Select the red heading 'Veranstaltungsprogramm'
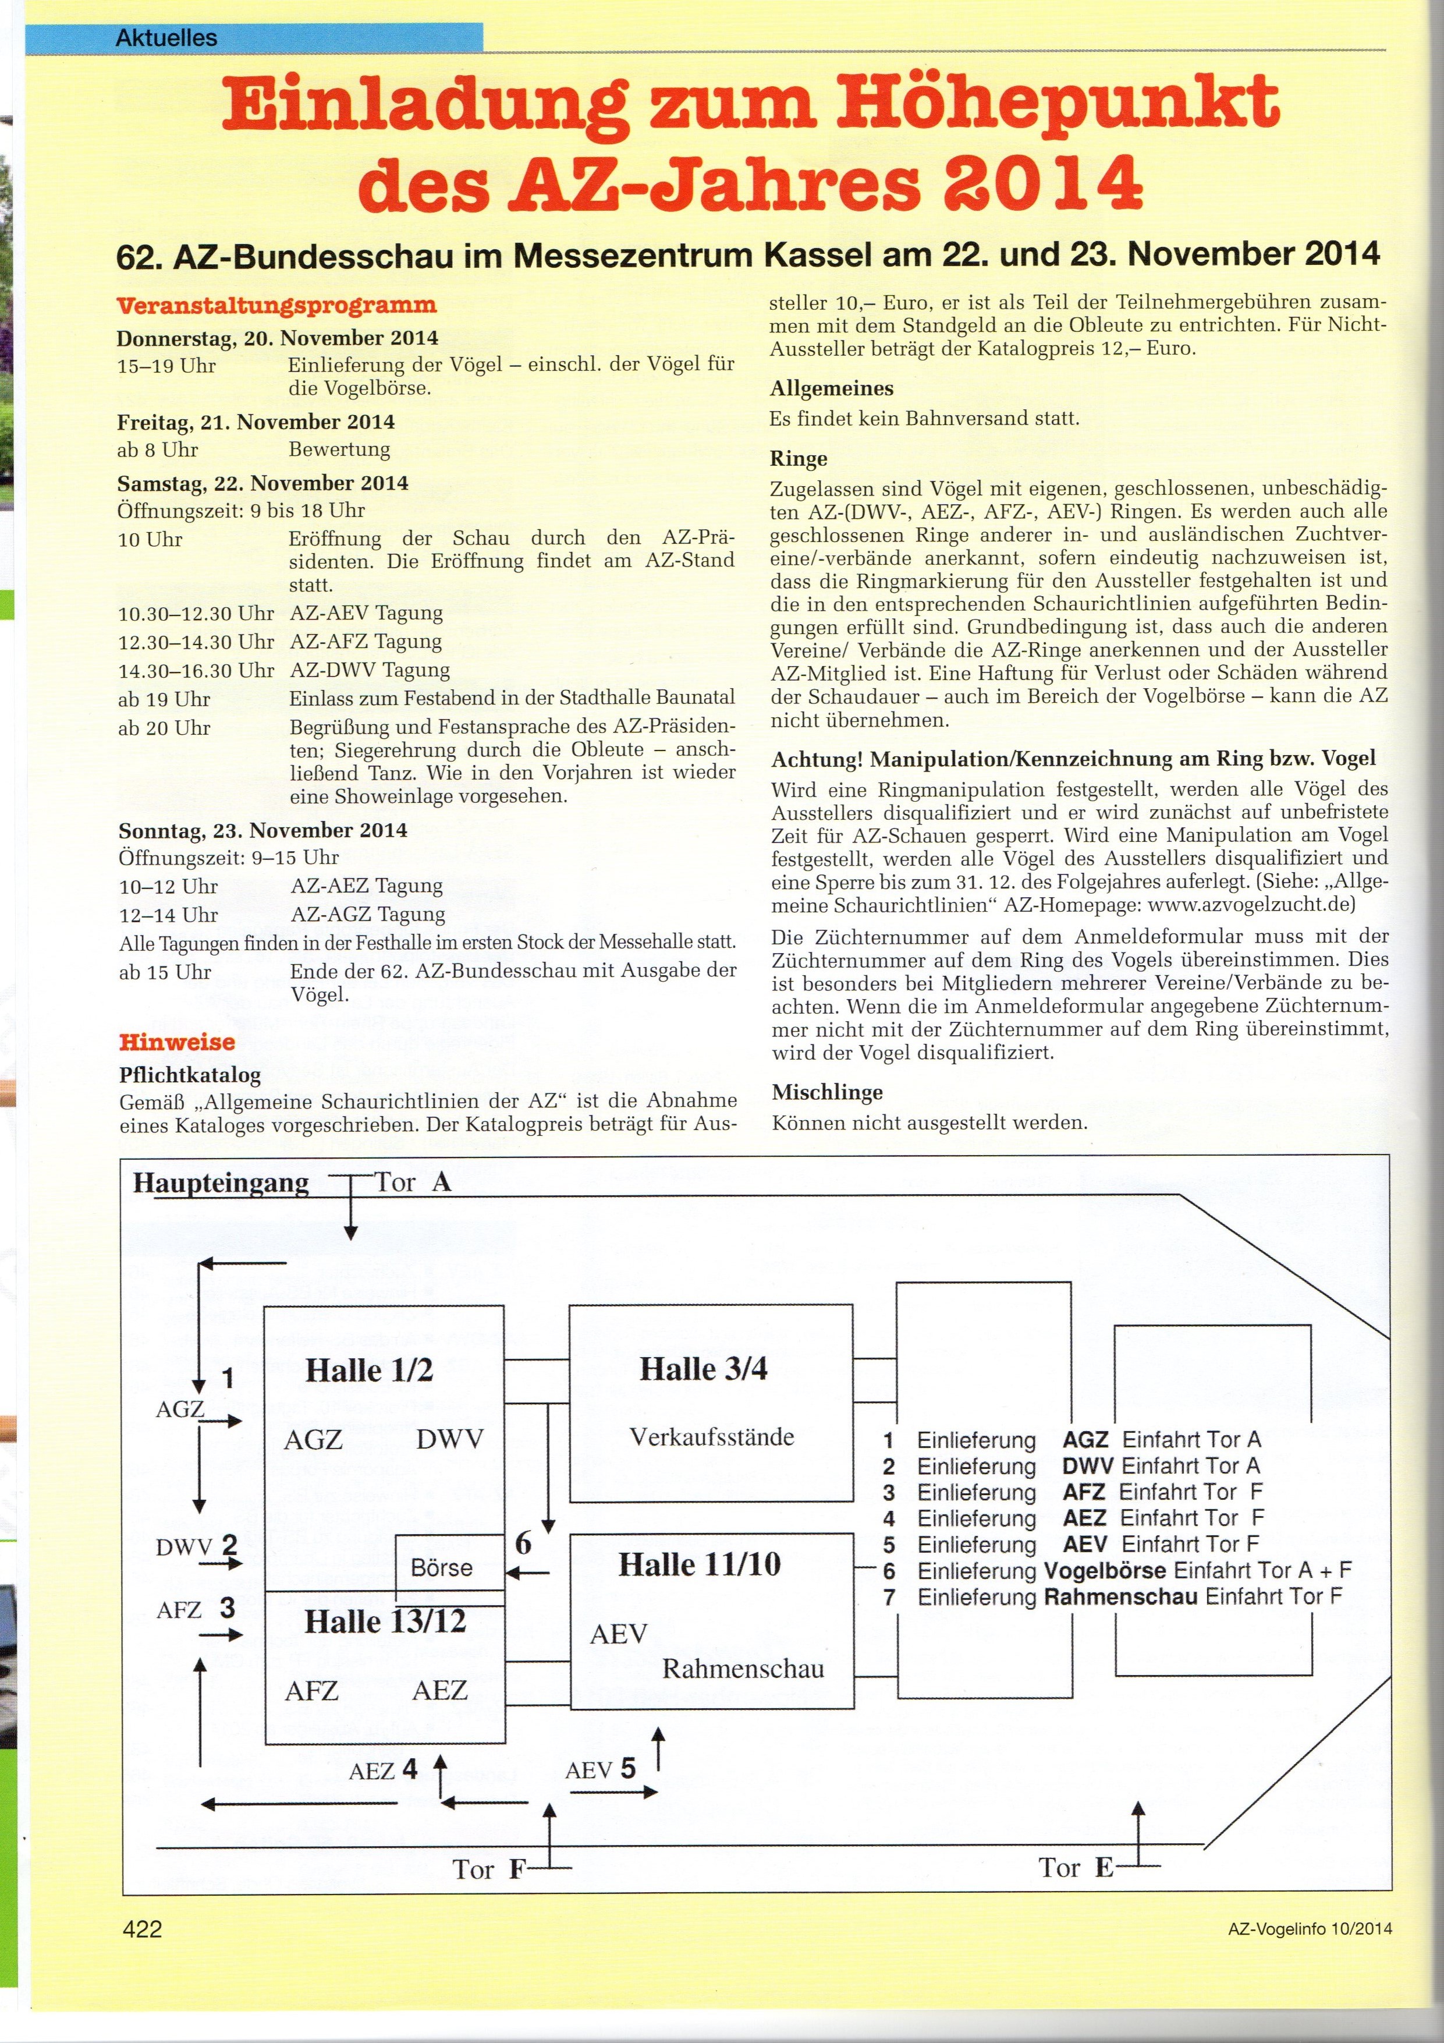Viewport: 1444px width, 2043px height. (x=276, y=305)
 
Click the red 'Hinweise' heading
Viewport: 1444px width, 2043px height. (x=177, y=1042)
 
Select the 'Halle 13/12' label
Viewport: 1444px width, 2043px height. (x=385, y=1621)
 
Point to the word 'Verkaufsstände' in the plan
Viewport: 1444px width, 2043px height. (x=712, y=1436)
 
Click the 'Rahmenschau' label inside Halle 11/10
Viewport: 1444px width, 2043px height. (x=743, y=1669)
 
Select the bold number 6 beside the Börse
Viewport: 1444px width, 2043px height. (x=523, y=1543)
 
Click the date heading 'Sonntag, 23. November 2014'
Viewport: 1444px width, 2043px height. (x=263, y=830)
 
